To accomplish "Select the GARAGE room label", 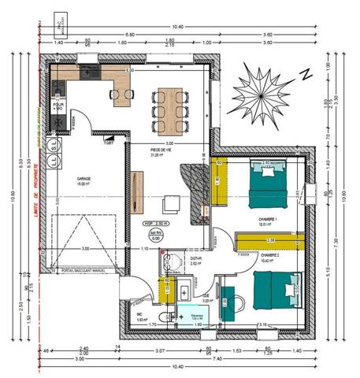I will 84,179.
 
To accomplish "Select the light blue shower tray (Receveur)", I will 195,313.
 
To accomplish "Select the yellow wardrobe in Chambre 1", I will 221,181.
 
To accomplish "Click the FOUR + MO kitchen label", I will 58,105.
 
